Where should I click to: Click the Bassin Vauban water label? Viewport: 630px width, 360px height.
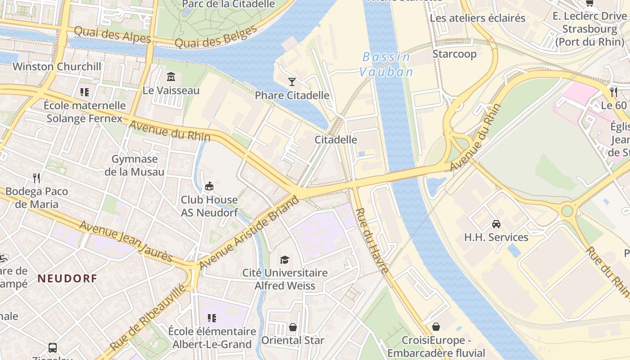click(x=386, y=64)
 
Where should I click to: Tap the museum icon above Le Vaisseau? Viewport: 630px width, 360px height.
click(x=171, y=77)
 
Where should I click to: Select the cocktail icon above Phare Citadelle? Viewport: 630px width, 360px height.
click(x=292, y=81)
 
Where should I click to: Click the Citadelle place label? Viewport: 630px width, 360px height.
click(x=336, y=139)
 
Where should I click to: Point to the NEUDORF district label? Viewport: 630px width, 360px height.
click(x=67, y=279)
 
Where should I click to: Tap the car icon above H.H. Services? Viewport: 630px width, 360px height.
click(x=496, y=224)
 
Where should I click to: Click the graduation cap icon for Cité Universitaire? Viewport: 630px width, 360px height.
click(x=284, y=260)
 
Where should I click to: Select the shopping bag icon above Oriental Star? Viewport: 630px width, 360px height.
click(x=293, y=327)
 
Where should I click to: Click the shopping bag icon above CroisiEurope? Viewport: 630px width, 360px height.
click(x=436, y=326)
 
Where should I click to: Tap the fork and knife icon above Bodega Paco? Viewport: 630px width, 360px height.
click(x=37, y=178)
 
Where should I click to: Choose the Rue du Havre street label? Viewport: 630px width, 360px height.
click(x=372, y=241)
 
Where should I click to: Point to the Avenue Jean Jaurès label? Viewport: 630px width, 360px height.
click(x=126, y=241)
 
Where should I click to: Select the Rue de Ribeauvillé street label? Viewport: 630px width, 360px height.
click(x=147, y=318)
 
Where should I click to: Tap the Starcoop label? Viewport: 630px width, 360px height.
click(x=454, y=54)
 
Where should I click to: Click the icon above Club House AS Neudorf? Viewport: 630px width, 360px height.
click(x=209, y=186)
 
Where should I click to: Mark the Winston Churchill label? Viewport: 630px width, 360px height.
click(x=57, y=67)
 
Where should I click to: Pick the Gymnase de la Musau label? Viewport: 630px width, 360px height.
click(x=135, y=165)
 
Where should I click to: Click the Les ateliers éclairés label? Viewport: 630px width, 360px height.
click(x=477, y=18)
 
